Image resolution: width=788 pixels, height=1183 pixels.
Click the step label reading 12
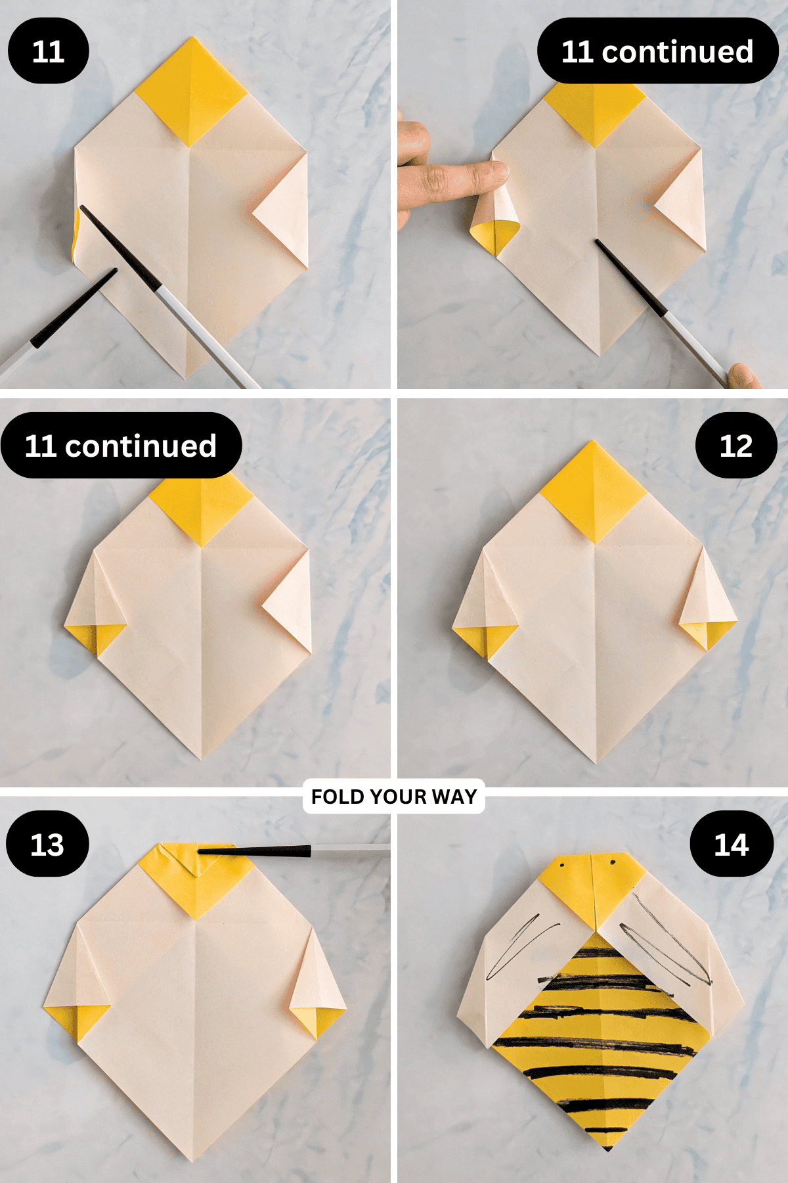(x=736, y=446)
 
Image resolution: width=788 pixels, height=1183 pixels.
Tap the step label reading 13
(x=47, y=844)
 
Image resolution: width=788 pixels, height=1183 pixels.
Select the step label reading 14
(x=732, y=844)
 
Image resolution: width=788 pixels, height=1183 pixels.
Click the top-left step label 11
(x=48, y=51)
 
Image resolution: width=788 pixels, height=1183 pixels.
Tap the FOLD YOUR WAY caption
(x=394, y=797)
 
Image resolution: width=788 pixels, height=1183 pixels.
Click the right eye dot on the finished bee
(x=613, y=862)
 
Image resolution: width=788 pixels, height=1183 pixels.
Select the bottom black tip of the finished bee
(x=607, y=1147)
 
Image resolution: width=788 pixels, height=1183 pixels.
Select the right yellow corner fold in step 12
(x=708, y=633)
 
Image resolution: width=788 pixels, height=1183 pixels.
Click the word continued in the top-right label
(x=678, y=51)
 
